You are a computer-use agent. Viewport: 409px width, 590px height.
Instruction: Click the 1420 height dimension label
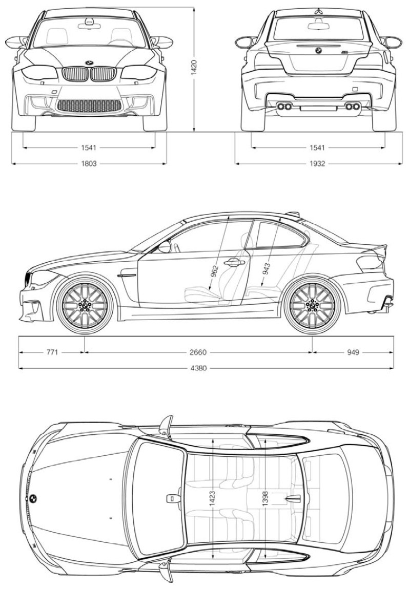click(x=194, y=67)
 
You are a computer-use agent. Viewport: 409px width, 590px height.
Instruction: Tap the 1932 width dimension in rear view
click(x=317, y=163)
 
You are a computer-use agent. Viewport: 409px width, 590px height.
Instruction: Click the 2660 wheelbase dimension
click(x=198, y=352)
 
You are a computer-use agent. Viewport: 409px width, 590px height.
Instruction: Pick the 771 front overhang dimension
click(x=52, y=352)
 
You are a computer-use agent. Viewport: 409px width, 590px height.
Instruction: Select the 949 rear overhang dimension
click(x=353, y=352)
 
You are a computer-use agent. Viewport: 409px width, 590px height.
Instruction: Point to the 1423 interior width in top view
click(x=212, y=498)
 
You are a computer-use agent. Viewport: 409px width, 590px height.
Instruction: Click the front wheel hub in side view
click(x=85, y=305)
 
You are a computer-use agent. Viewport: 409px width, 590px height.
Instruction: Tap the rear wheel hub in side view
click(x=312, y=305)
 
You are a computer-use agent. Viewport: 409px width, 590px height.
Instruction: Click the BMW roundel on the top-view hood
click(x=33, y=498)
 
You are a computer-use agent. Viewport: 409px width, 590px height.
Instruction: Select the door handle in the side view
click(x=234, y=263)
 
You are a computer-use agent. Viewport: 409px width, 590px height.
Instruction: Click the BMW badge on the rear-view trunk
click(x=318, y=50)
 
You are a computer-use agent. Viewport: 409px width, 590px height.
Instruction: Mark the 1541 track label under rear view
click(x=317, y=147)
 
